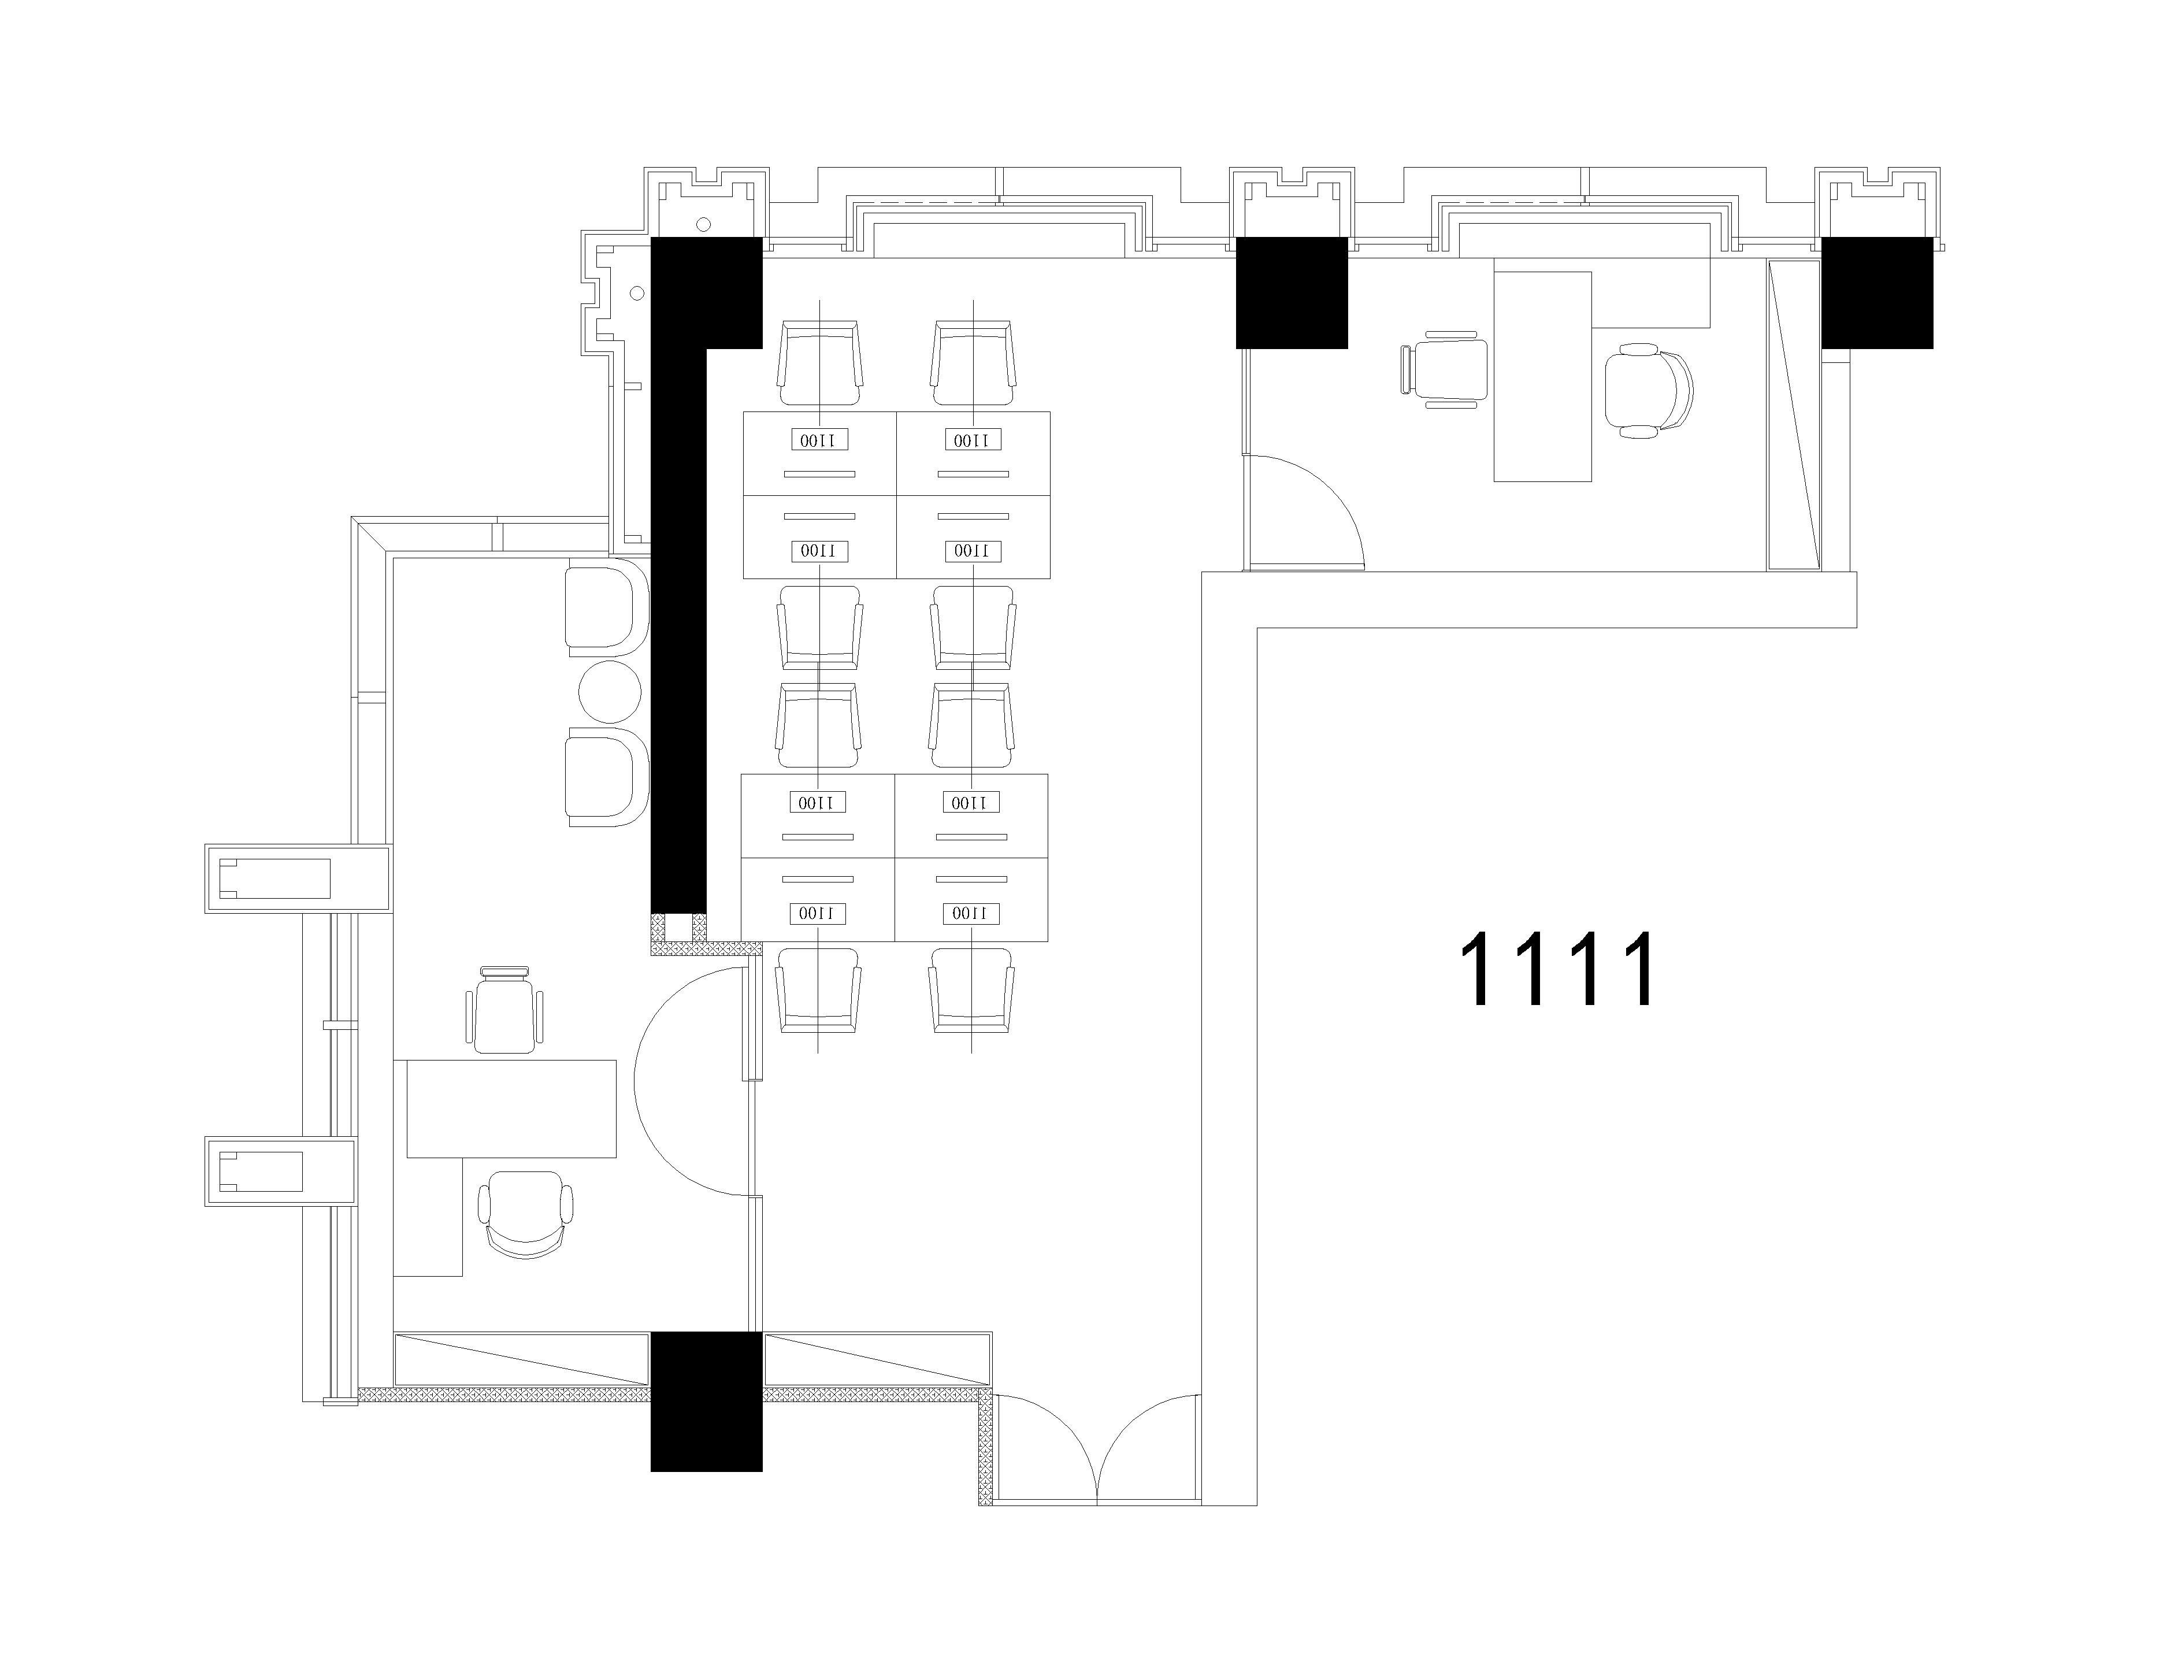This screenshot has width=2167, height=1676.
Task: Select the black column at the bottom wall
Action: pos(707,1400)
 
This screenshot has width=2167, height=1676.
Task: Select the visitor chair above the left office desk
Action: pos(505,1008)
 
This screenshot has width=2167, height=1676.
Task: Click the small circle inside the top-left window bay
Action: pos(703,224)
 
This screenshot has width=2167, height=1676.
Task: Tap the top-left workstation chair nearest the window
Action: pos(819,363)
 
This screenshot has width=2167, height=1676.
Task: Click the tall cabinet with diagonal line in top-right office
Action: pos(1794,415)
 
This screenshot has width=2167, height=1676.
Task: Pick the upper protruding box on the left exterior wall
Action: pos(298,878)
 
